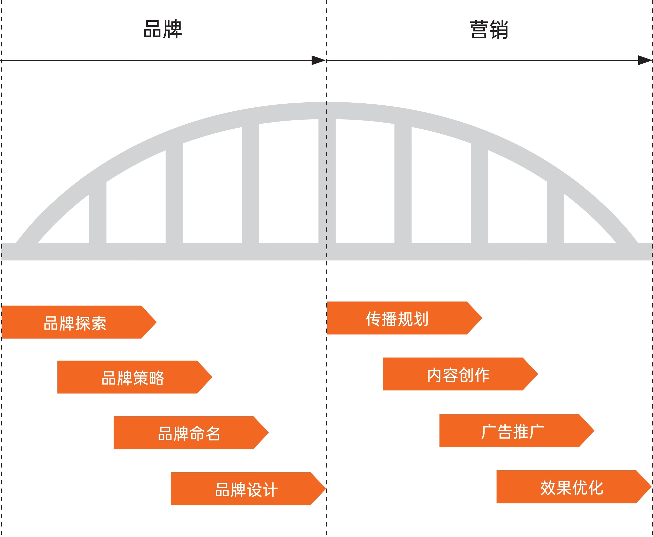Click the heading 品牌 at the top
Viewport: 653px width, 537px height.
[163, 29]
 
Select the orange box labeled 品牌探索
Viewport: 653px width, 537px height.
[79, 322]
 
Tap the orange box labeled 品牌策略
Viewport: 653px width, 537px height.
[135, 377]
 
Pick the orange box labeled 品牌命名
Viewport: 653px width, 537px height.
[191, 433]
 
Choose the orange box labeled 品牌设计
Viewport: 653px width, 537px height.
[248, 489]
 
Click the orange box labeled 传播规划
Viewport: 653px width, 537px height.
[404, 318]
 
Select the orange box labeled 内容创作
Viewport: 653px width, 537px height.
[460, 374]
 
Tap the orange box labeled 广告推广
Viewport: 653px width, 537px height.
[517, 431]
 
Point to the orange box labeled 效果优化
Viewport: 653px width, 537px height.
[574, 486]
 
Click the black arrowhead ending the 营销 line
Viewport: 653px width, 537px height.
[645, 60]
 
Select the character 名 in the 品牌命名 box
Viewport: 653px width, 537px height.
[213, 433]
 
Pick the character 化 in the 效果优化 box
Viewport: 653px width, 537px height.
[596, 488]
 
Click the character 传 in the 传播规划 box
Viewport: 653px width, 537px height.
[373, 319]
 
